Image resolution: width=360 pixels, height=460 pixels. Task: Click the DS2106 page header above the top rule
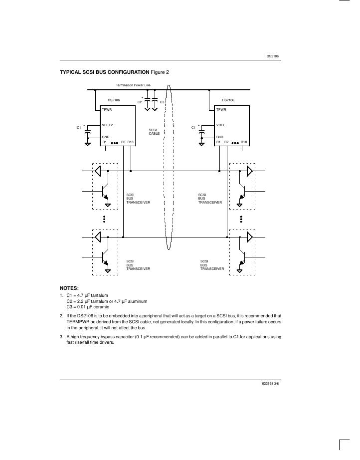point(273,56)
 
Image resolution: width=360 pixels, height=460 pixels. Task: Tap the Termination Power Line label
point(133,85)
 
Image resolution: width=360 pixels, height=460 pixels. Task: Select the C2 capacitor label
point(140,102)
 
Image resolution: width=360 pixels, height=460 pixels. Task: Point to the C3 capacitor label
point(162,102)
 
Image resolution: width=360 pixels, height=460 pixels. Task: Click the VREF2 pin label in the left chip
point(107,125)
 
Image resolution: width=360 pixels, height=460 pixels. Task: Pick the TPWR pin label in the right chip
point(221,109)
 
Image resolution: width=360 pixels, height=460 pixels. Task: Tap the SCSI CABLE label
point(154,132)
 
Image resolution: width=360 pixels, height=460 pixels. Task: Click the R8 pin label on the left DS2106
point(123,142)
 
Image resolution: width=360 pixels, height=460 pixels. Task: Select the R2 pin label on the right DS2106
point(226,142)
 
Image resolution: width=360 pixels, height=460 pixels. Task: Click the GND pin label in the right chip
point(219,136)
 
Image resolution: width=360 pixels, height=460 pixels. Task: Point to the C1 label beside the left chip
point(79,128)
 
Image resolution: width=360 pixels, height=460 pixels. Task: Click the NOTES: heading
point(69,288)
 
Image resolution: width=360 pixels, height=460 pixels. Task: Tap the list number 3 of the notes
point(61,337)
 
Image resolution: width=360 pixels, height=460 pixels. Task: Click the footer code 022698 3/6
point(270,383)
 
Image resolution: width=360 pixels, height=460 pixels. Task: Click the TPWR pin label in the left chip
point(107,109)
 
